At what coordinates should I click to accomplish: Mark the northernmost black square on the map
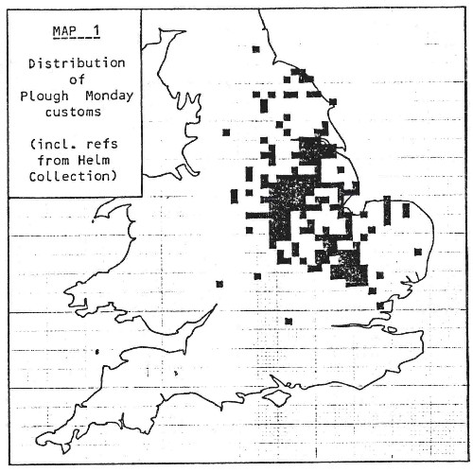point(254,47)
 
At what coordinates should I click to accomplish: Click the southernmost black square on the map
point(289,322)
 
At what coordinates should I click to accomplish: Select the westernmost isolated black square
point(219,283)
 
